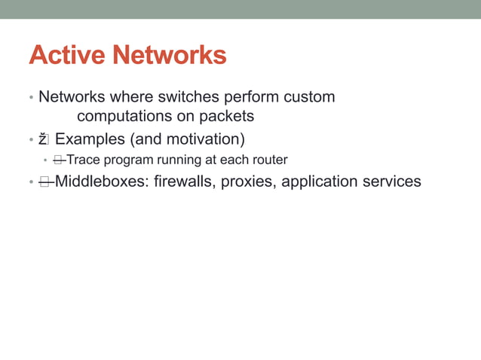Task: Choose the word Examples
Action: pyautogui.click(x=90, y=139)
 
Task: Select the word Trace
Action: pyautogui.click(x=83, y=160)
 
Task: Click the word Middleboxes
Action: pyautogui.click(x=97, y=182)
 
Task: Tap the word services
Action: pyautogui.click(x=390, y=182)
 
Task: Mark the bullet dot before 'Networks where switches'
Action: pyautogui.click(x=31, y=99)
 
